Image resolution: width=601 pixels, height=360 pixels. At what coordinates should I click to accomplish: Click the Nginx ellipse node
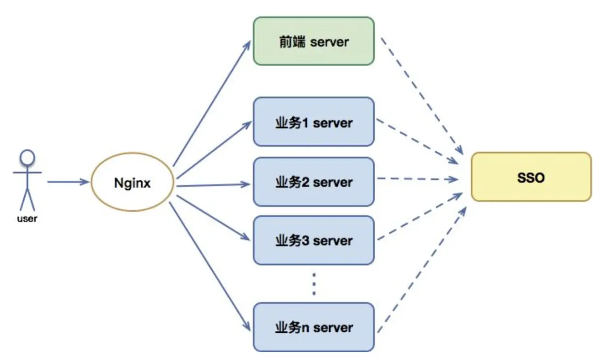(x=132, y=183)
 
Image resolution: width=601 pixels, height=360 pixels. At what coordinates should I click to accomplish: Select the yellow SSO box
(x=531, y=177)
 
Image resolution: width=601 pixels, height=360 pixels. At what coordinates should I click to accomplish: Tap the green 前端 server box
(x=314, y=41)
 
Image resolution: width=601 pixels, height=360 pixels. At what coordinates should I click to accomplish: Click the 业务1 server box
(x=314, y=122)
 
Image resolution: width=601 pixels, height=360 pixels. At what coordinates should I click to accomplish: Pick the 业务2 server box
(x=314, y=182)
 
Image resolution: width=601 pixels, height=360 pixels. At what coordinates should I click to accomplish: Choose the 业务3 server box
(x=314, y=240)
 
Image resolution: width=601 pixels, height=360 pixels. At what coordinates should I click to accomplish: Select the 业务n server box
(x=314, y=327)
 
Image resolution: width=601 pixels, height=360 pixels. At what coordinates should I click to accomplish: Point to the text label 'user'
(x=27, y=219)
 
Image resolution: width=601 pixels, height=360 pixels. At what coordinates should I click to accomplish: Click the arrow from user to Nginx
(x=68, y=182)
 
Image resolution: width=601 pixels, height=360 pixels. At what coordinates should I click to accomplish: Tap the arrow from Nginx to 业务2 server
(x=213, y=185)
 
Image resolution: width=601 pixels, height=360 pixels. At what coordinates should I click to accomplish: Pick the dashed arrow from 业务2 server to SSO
(x=418, y=179)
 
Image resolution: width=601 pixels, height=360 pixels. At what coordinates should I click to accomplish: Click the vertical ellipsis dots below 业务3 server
(x=314, y=284)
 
